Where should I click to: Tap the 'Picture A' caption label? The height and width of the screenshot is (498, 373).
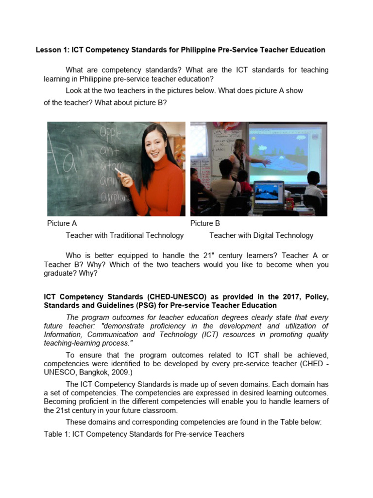click(x=62, y=223)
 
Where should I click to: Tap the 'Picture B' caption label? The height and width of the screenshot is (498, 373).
click(x=205, y=223)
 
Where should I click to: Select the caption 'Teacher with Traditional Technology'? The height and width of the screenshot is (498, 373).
click(x=125, y=235)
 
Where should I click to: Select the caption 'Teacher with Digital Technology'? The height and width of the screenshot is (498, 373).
click(x=261, y=235)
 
